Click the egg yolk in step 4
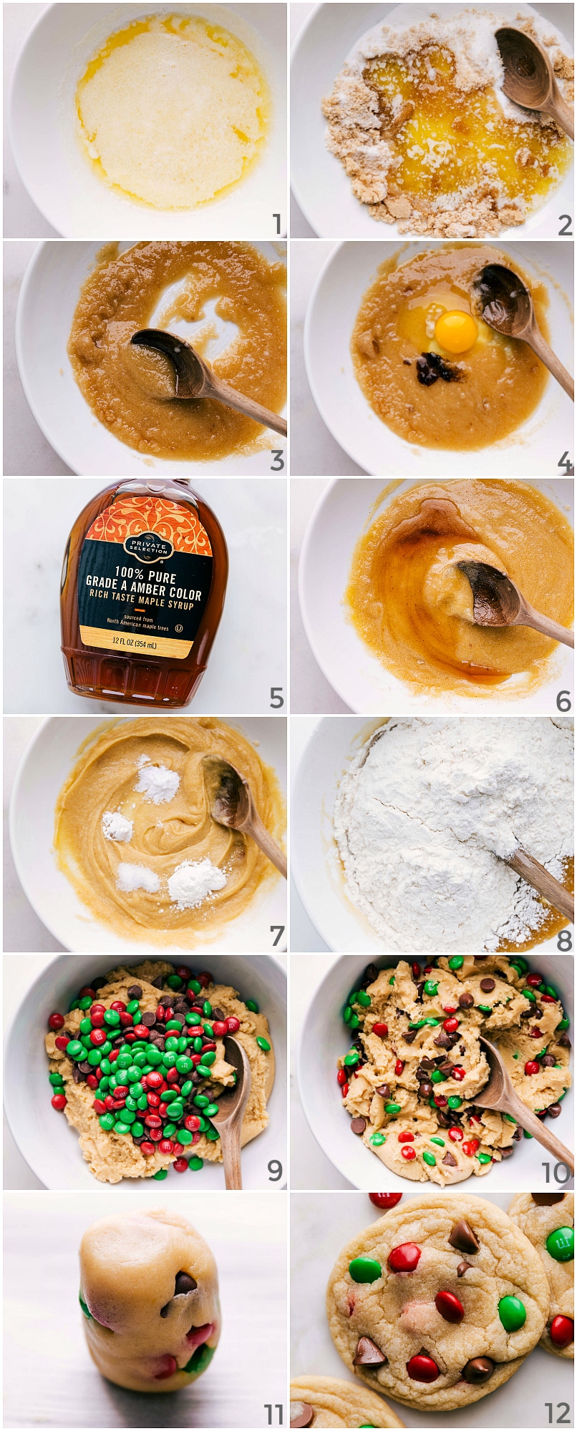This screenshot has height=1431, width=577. pyautogui.click(x=456, y=332)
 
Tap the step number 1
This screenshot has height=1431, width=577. pyautogui.click(x=277, y=225)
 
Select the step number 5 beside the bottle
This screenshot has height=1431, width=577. pyautogui.click(x=276, y=698)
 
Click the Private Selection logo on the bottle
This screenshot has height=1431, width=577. pyautogui.click(x=148, y=547)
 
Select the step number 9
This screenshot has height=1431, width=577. pyautogui.click(x=275, y=1171)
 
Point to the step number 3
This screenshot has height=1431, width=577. pyautogui.click(x=277, y=461)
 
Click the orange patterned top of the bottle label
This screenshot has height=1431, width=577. pyautogui.click(x=149, y=518)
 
